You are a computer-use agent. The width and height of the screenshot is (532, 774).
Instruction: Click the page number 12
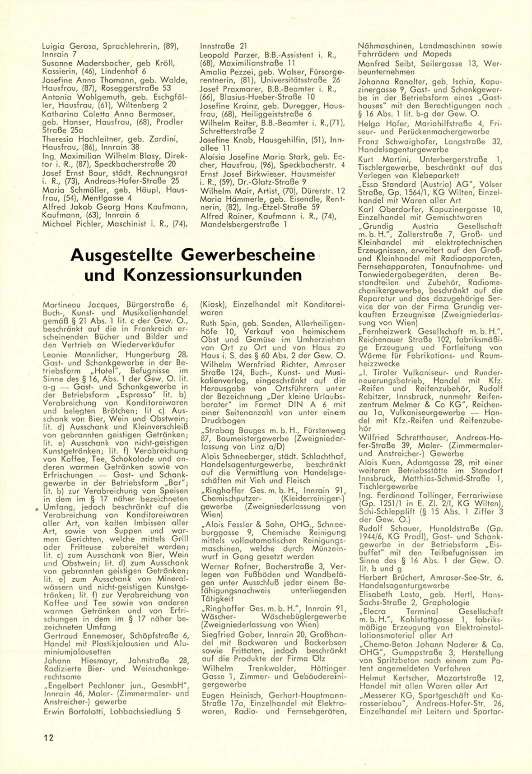coord(48,737)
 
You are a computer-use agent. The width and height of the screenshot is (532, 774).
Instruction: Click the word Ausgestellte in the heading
coord(122,255)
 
